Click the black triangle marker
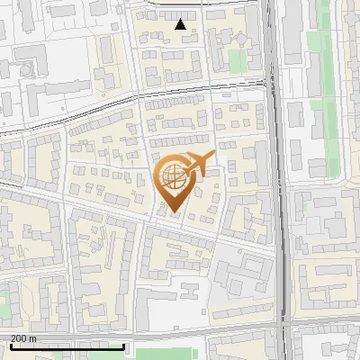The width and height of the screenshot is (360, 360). tap(181, 24)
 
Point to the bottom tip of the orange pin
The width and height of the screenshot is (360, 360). tap(174, 214)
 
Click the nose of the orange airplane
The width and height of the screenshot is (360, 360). tap(214, 155)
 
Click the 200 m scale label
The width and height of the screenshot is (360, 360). tap(23, 338)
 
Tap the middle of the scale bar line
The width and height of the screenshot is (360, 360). tap(67, 346)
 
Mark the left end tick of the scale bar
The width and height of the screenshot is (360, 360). tap(10, 345)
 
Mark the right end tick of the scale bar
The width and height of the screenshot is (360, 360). tap(123, 345)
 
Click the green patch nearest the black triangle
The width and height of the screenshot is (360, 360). tap(237, 60)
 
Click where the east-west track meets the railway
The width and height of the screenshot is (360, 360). tap(272, 84)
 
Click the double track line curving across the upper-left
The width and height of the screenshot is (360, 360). tap(72, 112)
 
